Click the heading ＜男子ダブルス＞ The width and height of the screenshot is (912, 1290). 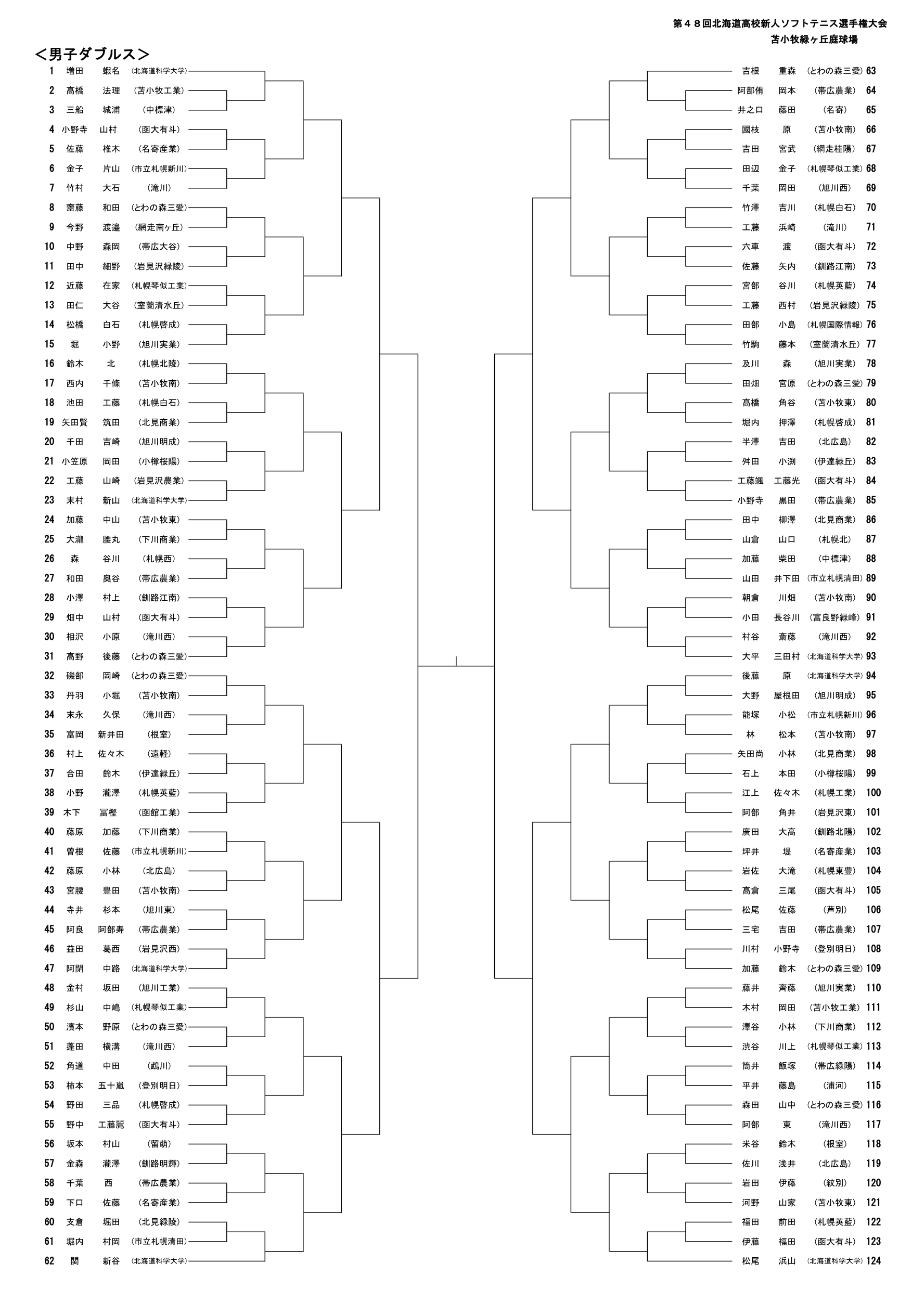coord(92,54)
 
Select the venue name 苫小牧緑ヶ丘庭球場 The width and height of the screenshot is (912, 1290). coord(814,40)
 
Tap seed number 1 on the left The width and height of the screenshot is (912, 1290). coord(52,71)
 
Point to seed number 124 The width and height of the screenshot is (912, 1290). coord(873,1261)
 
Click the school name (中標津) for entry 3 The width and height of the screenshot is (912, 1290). coord(160,110)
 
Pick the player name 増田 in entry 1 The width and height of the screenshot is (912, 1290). coord(75,71)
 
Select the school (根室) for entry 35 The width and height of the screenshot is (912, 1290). coord(160,734)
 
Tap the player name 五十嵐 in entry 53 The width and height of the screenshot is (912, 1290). coord(111,1086)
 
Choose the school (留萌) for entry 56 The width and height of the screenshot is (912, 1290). coord(160,1144)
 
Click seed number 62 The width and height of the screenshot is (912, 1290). coord(49,1261)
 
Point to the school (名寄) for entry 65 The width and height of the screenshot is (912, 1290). coord(835,110)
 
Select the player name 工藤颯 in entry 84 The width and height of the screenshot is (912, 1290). coord(750,481)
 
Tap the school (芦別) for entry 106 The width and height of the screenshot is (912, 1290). coord(835,910)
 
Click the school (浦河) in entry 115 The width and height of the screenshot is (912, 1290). coord(835,1086)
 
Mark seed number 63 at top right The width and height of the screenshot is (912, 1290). coord(871,71)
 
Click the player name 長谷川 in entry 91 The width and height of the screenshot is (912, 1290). coord(786,617)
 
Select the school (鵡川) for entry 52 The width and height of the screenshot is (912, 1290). coord(160,1066)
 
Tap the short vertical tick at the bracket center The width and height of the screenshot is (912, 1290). coord(456,661)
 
